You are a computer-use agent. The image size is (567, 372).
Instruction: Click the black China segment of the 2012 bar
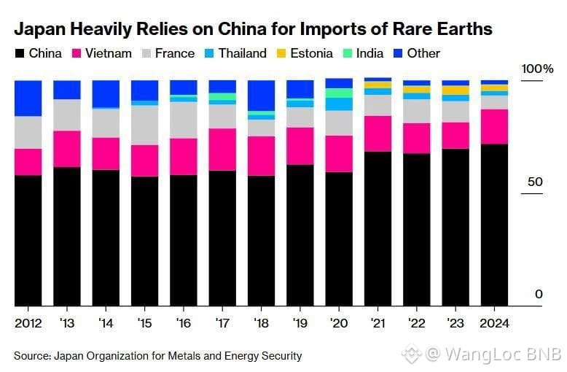click(28, 240)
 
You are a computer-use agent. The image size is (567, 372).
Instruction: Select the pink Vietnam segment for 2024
click(494, 126)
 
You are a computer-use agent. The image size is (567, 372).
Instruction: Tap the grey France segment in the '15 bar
click(144, 125)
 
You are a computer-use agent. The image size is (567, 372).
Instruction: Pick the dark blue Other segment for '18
click(261, 95)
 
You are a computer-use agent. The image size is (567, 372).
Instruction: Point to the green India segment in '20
click(339, 93)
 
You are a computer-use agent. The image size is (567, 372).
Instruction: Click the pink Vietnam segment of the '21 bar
click(378, 133)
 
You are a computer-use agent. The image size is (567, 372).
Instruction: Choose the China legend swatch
click(19, 53)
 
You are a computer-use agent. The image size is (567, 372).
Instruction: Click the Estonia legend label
click(312, 53)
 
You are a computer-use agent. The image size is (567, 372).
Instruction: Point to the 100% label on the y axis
click(538, 69)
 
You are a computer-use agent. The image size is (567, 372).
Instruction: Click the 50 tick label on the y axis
click(535, 182)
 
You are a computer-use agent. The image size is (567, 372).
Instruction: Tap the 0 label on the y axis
click(539, 294)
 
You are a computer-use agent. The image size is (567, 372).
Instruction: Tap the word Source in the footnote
click(32, 356)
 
